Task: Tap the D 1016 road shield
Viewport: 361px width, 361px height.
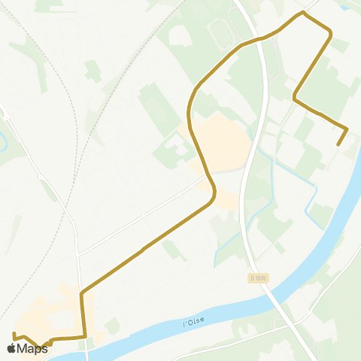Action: point(258,278)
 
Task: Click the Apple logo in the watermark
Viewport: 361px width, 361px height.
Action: point(11,348)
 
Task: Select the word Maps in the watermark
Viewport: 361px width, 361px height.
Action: point(32,348)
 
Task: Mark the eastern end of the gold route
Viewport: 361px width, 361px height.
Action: point(338,144)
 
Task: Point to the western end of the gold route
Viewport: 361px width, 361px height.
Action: point(14,332)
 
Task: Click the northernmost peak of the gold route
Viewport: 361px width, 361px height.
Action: point(303,13)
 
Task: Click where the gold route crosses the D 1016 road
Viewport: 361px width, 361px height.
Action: point(260,38)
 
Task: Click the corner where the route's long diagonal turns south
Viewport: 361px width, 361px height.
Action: point(82,291)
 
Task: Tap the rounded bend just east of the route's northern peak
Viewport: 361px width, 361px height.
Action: point(329,31)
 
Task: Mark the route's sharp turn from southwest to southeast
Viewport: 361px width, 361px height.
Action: point(294,97)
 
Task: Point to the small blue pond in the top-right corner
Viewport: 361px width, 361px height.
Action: point(347,7)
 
